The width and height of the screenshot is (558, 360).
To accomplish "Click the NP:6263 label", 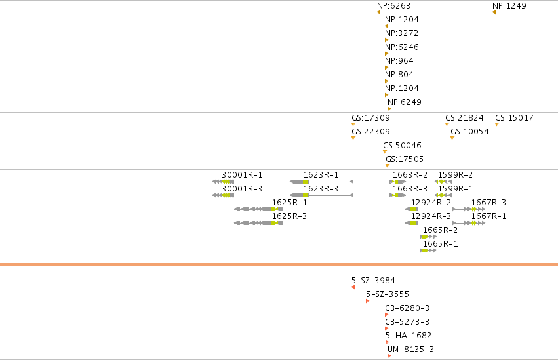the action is click(x=393, y=6).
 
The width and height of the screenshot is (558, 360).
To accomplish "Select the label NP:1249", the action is click(x=509, y=6).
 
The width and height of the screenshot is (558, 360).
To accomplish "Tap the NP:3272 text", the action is click(x=402, y=33).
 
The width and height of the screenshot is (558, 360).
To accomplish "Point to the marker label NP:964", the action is click(x=399, y=61).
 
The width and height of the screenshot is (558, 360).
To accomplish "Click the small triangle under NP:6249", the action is click(x=389, y=109).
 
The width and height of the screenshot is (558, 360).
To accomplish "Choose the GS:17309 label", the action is click(x=371, y=118).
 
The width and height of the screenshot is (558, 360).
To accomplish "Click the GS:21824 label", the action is click(x=464, y=118).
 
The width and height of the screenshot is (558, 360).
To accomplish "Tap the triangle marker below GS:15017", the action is click(x=497, y=124).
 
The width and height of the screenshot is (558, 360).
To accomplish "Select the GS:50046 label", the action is click(x=402, y=145).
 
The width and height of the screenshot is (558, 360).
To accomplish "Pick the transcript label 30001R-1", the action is click(x=242, y=175).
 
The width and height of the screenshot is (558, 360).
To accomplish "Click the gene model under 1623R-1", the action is click(x=322, y=182).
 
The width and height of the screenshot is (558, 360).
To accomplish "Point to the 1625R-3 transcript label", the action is click(x=289, y=216).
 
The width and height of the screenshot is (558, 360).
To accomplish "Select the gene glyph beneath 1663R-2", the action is click(x=398, y=182).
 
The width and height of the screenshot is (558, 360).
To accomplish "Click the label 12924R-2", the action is click(x=431, y=203).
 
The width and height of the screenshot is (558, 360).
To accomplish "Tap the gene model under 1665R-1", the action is click(x=428, y=250).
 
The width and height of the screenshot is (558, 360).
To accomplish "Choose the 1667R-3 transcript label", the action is click(x=488, y=203).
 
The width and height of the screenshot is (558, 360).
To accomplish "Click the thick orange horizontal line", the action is click(x=279, y=265).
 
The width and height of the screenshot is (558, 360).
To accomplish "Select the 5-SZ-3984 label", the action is click(x=373, y=281).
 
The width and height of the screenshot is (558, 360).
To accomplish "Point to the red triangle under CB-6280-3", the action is click(x=386, y=315).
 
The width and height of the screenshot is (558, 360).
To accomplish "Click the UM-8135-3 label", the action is click(x=410, y=350).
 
